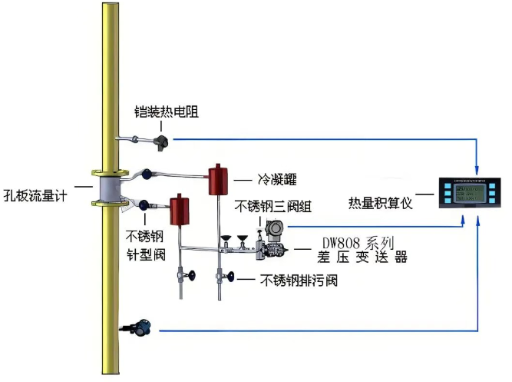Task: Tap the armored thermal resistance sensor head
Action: point(162,140)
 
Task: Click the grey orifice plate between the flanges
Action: point(107,188)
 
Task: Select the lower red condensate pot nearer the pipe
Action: point(180,210)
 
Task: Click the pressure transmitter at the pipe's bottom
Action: point(141,328)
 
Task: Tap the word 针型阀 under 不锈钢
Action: point(144,251)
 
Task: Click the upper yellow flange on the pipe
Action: point(107,172)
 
